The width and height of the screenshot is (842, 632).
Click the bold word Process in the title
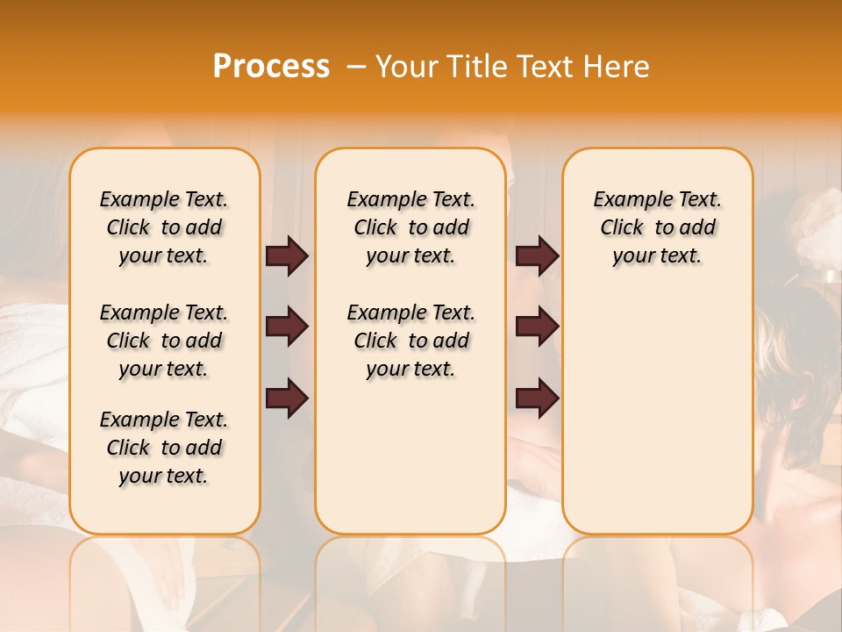271,67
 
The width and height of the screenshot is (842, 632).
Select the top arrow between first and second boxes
287,255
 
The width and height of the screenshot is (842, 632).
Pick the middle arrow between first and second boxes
287,327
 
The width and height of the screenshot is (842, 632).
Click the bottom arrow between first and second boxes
287,398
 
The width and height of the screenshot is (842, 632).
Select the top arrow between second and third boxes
537,255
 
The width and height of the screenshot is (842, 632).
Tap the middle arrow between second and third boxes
537,327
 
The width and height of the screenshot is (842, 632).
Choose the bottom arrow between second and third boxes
537,398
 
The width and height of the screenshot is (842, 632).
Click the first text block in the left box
164,227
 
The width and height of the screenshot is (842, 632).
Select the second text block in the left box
164,341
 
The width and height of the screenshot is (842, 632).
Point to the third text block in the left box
164,448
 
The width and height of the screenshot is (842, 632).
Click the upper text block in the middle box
410,227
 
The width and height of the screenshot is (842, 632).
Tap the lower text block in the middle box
410,341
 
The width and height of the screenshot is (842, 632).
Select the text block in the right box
657,227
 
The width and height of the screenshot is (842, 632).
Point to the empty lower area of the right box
657,413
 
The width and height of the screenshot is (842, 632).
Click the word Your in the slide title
407,67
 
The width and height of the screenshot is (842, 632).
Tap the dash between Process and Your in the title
355,67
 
